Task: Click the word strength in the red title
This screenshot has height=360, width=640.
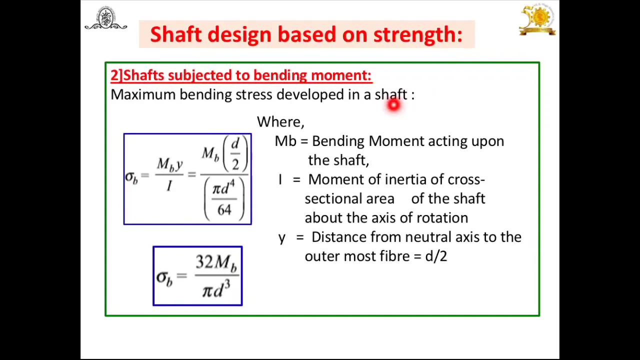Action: [x=417, y=34]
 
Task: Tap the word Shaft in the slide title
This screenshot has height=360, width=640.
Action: [x=176, y=34]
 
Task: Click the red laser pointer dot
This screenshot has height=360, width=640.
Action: [x=393, y=105]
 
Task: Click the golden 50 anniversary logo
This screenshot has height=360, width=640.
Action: [x=537, y=19]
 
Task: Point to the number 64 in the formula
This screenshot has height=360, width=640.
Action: [x=224, y=210]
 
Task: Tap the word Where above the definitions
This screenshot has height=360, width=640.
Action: [x=280, y=122]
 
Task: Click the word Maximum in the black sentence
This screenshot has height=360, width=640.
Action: [x=143, y=94]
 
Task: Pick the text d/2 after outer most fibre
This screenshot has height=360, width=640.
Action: [x=436, y=256]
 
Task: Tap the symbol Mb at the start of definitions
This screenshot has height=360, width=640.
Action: [x=285, y=141]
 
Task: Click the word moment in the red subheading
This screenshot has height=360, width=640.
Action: [x=341, y=75]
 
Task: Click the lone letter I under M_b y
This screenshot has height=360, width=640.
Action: [x=169, y=186]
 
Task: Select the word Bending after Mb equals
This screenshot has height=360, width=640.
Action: [x=338, y=141]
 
